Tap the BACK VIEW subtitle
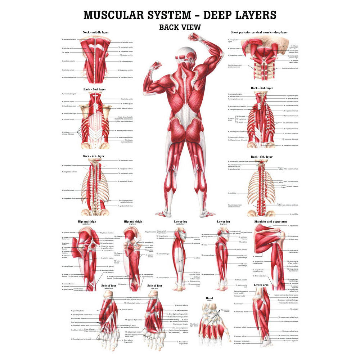coord(180,27)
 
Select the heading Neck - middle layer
coord(96,32)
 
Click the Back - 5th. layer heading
coord(262,157)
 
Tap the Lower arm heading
coord(262,285)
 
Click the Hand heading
coord(209,298)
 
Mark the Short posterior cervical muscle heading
coord(259,32)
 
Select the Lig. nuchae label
coord(66,52)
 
